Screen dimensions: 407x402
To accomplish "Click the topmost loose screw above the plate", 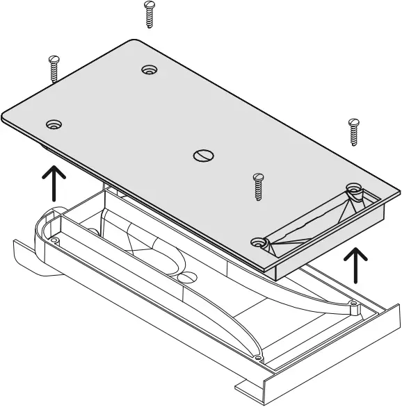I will (148, 14).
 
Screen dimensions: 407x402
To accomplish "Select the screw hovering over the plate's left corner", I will (53, 69).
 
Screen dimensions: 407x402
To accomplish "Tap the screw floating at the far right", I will (353, 131).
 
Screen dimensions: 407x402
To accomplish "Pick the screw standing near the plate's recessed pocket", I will (258, 186).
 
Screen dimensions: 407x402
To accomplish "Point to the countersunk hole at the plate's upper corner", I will (149, 69).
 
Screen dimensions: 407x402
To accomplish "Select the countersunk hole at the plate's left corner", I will (54, 125).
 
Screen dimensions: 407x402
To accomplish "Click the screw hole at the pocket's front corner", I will (260, 242).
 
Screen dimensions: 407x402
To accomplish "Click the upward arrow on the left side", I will (54, 182).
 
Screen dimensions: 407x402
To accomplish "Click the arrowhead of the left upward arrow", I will (54, 171).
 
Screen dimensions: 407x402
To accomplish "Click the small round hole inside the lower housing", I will (187, 279).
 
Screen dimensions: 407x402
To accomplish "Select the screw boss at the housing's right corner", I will (355, 304).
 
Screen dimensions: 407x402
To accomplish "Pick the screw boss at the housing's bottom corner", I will (259, 359).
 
